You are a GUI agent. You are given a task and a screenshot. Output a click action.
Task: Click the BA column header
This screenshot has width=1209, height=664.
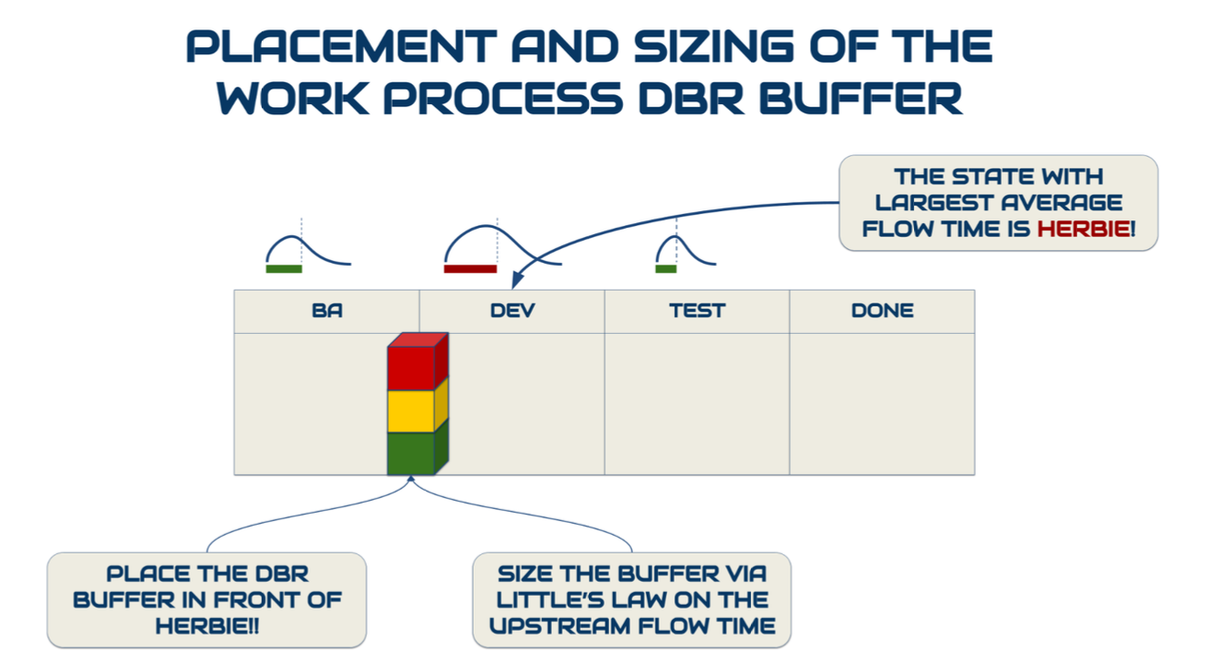coord(327,311)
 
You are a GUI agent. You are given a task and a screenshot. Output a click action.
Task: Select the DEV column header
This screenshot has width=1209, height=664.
coord(512,311)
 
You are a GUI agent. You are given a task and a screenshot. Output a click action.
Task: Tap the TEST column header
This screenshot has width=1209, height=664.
coord(698,311)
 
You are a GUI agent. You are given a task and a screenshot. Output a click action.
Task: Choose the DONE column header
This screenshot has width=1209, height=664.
coord(882,311)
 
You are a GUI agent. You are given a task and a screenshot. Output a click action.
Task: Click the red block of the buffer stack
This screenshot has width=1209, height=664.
coord(411,368)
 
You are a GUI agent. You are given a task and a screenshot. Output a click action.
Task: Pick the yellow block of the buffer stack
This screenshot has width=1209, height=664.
coord(411,411)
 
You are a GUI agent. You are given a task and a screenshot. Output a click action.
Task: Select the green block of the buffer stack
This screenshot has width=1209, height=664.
coord(411,453)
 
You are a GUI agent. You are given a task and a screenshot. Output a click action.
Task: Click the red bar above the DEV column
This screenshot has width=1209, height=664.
coord(470,269)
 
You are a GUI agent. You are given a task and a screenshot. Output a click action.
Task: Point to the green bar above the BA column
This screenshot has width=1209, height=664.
coord(284,269)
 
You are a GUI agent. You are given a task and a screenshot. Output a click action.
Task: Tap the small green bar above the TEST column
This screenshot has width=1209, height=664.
coord(665,269)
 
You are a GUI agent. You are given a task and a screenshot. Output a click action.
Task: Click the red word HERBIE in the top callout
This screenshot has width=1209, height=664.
coord(1083,228)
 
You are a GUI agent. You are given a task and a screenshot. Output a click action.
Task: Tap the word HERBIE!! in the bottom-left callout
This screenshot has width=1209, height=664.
coord(206,625)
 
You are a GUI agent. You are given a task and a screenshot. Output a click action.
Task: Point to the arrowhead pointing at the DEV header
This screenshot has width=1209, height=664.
coord(517,278)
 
